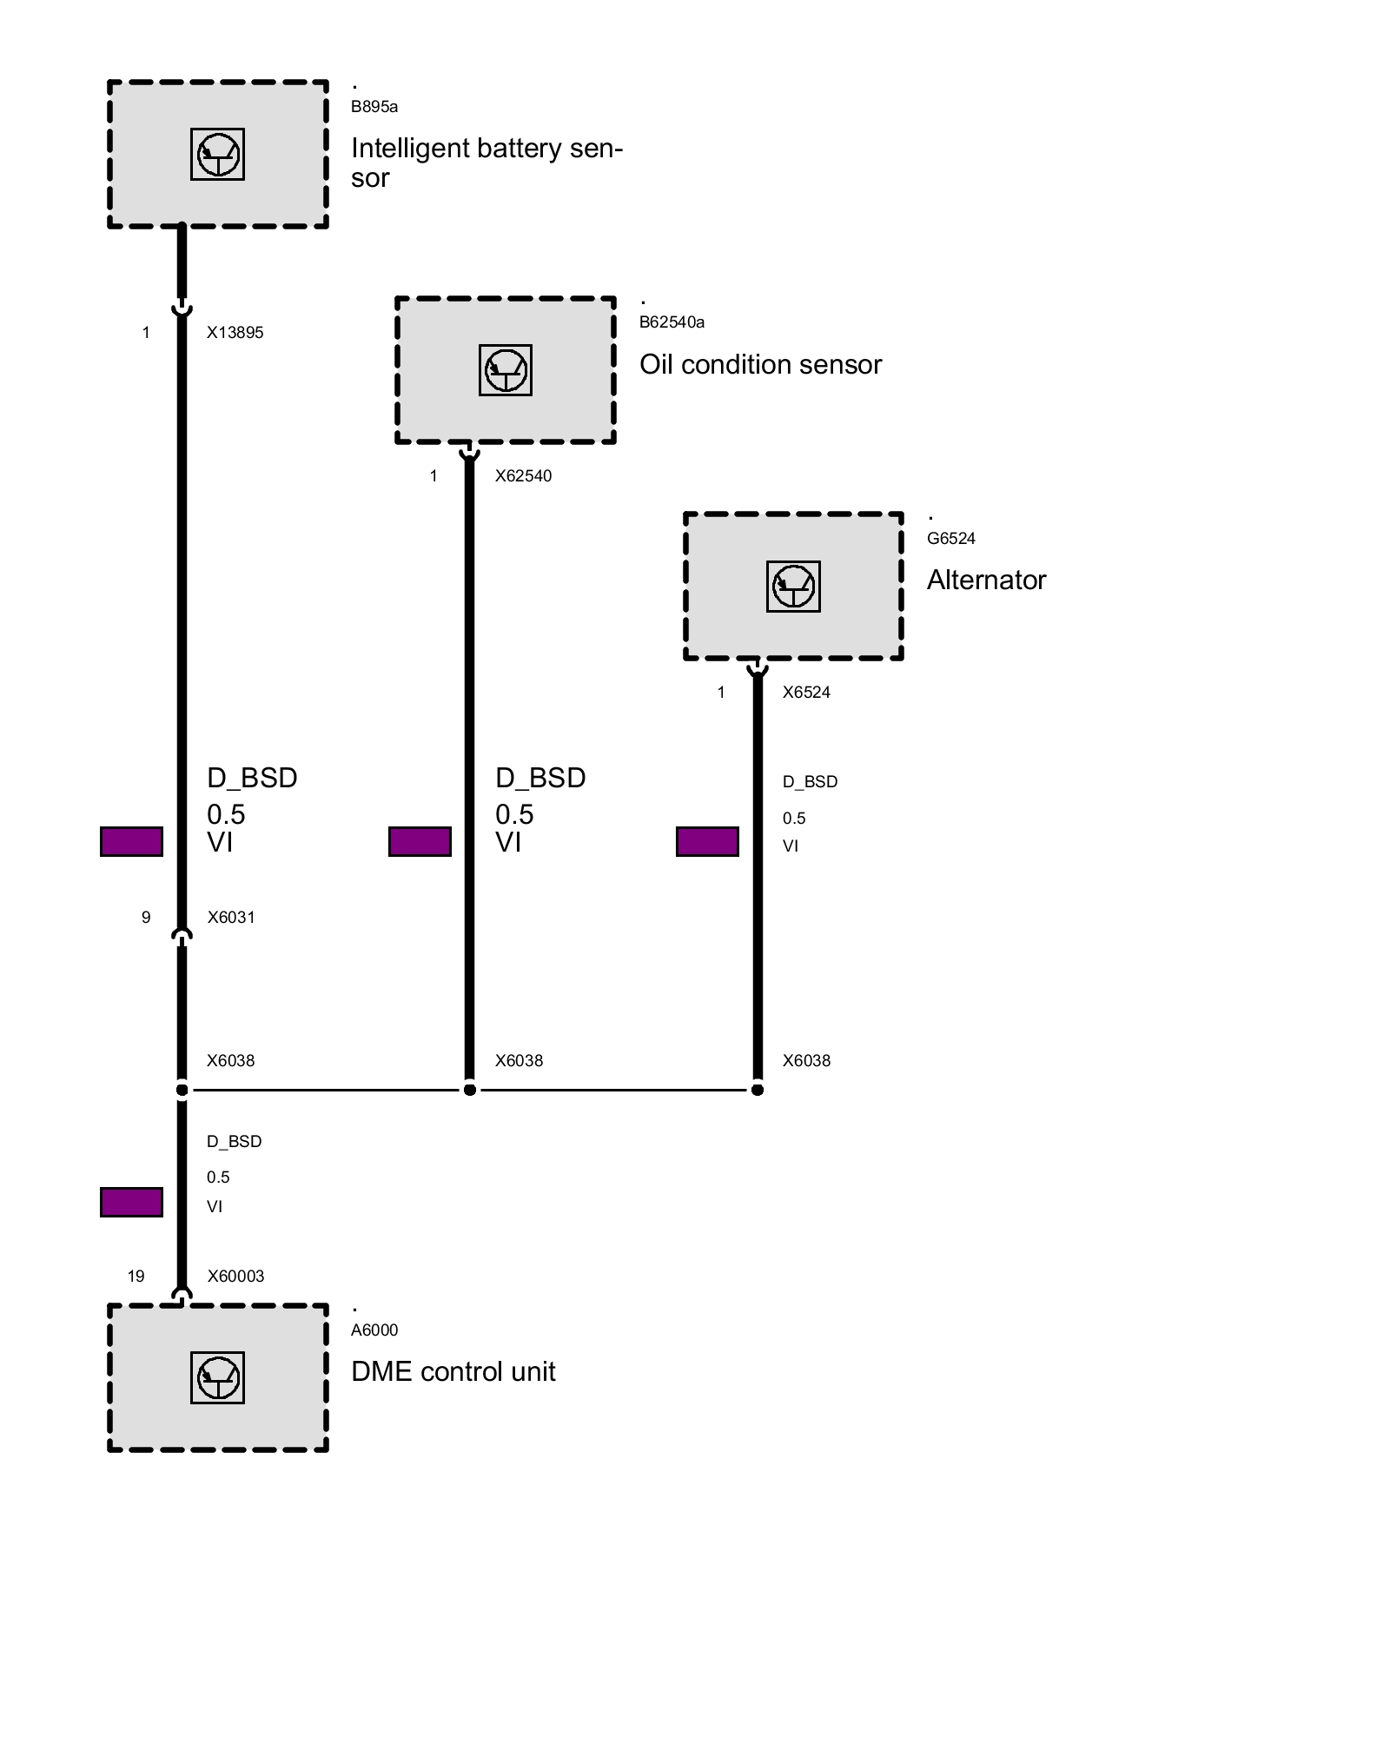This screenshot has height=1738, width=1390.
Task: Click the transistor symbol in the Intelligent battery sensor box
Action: pos(217,155)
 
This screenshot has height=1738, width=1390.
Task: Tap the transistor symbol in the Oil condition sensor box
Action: pos(506,370)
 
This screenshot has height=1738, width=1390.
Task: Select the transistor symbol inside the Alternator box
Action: pos(793,586)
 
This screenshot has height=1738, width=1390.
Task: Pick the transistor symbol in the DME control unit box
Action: pos(217,1377)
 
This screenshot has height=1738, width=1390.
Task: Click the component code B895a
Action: pos(374,107)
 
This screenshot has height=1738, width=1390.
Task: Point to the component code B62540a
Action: pos(672,322)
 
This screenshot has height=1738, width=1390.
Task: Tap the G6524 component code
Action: pos(950,539)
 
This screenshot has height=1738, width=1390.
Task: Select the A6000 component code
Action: pos(374,1330)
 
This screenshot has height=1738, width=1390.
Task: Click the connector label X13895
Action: pos(235,333)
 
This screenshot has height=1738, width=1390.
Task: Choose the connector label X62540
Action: pos(523,476)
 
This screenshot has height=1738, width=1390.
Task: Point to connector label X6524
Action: pos(806,693)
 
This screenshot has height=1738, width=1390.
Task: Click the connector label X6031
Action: pos(231,918)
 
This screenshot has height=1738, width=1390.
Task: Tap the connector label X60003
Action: pos(235,1277)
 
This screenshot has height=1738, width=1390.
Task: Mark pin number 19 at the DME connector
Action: pos(136,1277)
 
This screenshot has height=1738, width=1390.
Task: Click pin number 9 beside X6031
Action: pos(146,918)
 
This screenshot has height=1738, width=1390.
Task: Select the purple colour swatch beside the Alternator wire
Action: pos(707,842)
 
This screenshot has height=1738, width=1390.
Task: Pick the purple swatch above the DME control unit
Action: pos(131,1203)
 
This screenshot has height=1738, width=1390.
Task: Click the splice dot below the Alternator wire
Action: pos(758,1090)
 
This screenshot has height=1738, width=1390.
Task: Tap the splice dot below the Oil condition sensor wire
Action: pos(469,1090)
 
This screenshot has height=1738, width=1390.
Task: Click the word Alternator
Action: pos(986,580)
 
